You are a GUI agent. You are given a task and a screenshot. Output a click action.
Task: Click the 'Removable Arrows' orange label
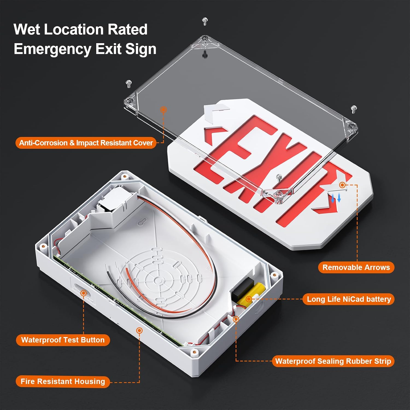pos(356,267)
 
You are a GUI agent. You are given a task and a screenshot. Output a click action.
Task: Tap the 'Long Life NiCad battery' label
pos(348,299)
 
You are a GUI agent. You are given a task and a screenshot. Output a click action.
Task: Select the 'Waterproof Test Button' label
pos(63,340)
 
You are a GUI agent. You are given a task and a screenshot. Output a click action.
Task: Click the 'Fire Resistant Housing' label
pos(63,382)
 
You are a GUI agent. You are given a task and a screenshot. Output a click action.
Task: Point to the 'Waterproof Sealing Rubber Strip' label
pos(333,361)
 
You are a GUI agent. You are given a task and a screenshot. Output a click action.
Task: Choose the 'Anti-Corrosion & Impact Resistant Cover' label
pos(86,143)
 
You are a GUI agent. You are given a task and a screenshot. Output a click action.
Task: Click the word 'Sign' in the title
pos(141,49)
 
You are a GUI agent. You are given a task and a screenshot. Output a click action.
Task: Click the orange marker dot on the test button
pos(84,293)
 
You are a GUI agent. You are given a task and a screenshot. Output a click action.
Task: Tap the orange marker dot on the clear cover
pos(163,110)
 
